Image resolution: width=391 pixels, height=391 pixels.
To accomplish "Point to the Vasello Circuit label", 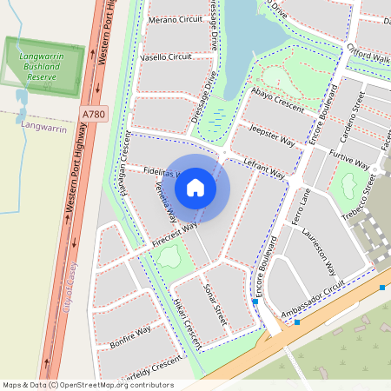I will pyautogui.click(x=165, y=56).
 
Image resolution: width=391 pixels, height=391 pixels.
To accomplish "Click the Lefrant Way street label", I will pyautogui.click(x=265, y=169).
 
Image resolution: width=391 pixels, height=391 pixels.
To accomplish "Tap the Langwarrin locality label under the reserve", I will pyautogui.click(x=43, y=128).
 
